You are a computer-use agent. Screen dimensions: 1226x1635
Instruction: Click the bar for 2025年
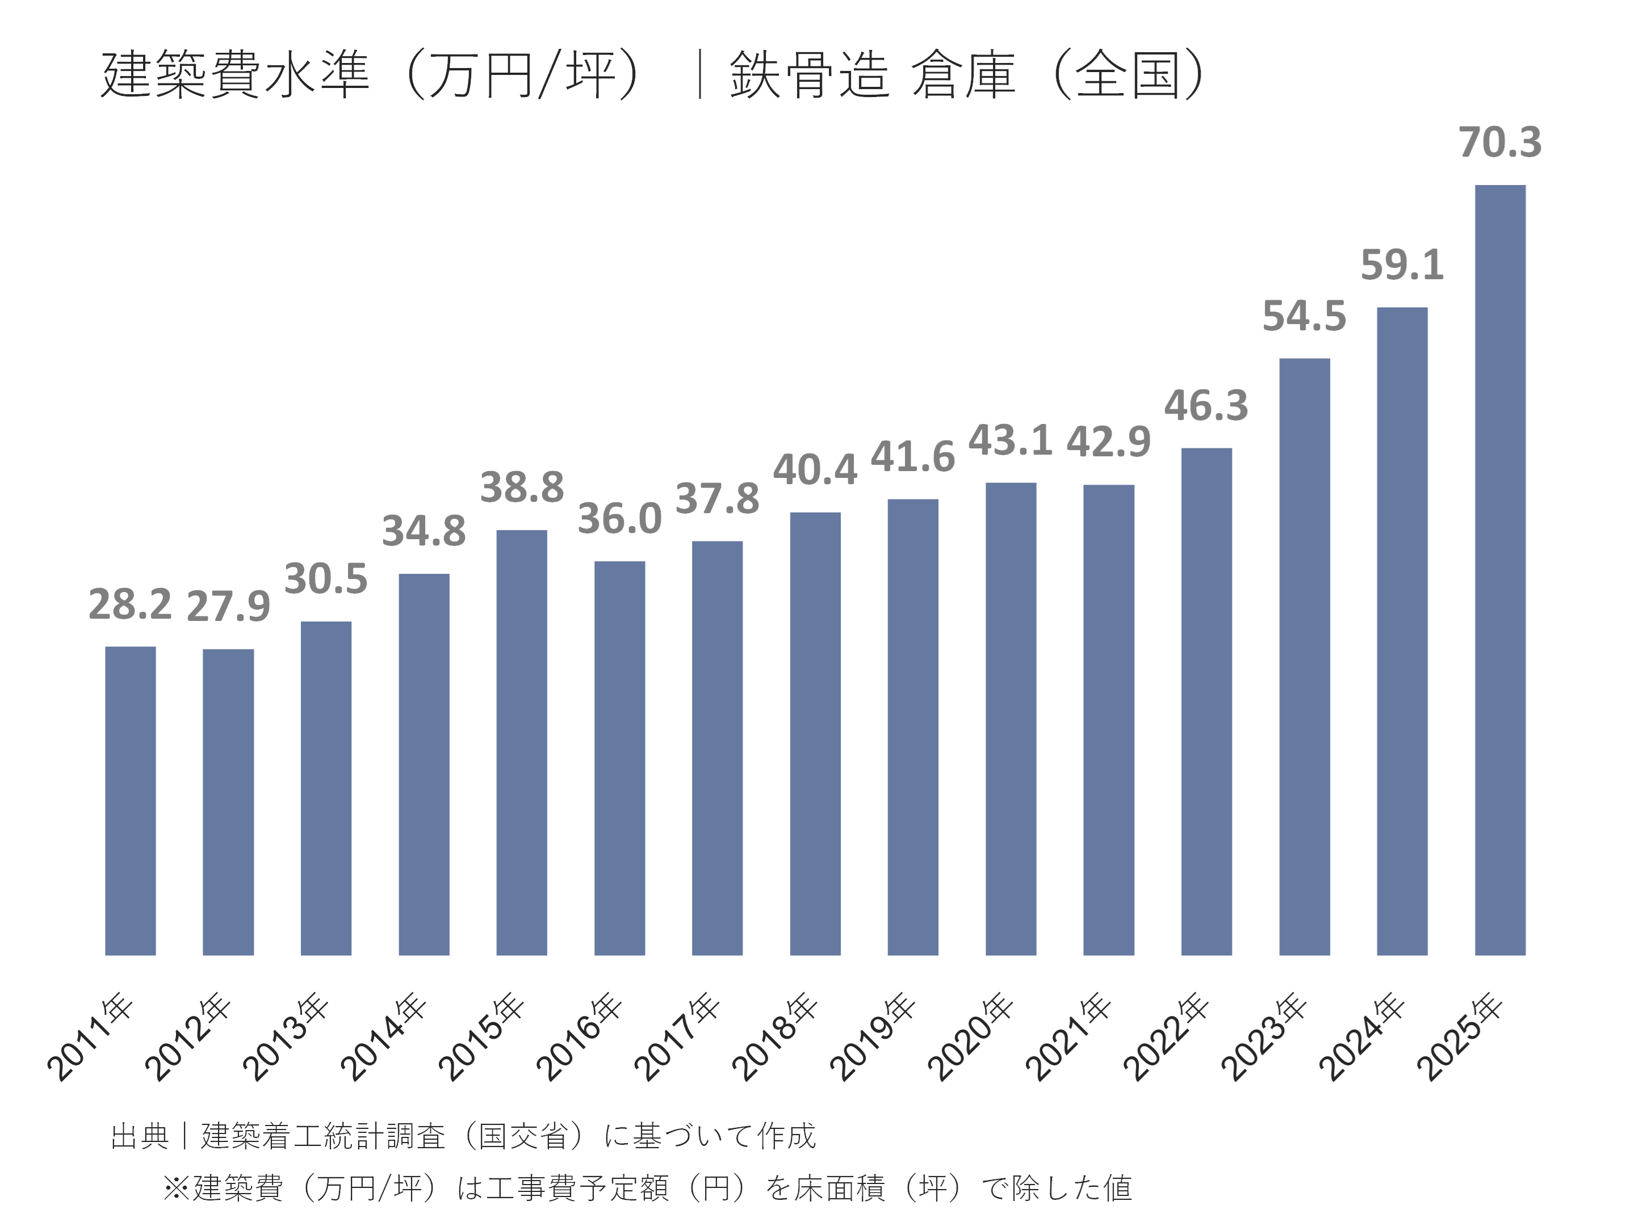[1500, 569]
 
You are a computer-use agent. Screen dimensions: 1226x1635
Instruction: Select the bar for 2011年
[130, 800]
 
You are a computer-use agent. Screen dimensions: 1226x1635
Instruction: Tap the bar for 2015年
[521, 742]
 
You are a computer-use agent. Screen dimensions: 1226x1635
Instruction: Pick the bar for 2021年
[1108, 719]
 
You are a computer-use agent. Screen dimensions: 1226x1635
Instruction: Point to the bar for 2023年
[1304, 656]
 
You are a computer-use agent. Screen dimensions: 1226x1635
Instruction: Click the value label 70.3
[1500, 142]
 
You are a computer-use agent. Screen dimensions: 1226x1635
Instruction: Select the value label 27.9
[228, 607]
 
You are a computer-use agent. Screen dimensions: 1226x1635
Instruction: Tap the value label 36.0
[619, 519]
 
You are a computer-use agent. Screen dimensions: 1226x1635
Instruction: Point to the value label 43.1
[1010, 440]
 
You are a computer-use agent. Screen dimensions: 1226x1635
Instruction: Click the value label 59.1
[1402, 264]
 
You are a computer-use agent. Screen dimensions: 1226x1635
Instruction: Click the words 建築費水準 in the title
[234, 75]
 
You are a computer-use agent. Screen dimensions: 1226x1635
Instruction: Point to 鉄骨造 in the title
[808, 75]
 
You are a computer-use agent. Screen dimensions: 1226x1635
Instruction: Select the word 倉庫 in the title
[963, 75]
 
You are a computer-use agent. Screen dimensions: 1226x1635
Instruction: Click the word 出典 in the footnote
[140, 1136]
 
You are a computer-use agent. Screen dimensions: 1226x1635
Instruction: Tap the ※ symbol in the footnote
[177, 1189]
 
